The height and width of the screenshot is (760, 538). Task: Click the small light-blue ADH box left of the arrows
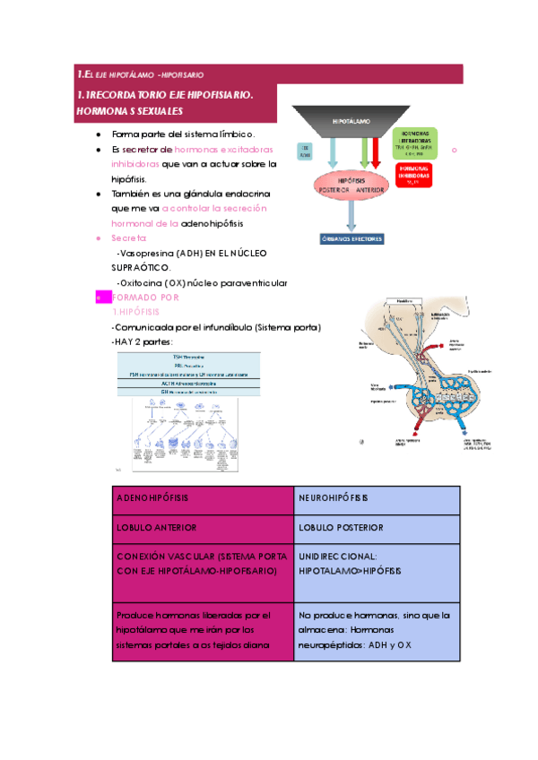tap(304, 151)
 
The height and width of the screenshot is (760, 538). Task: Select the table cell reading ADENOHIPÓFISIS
tap(152, 497)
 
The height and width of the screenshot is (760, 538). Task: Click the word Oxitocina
tap(140, 283)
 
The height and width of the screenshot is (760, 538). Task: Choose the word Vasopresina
tap(147, 253)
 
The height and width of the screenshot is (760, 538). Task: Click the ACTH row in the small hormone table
tap(188, 383)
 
